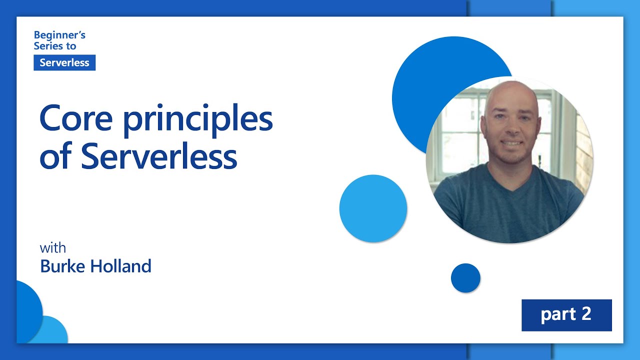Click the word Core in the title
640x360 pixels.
(x=75, y=118)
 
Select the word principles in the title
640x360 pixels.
(x=198, y=120)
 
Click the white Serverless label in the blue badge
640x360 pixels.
(x=64, y=62)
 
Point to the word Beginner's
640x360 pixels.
(x=59, y=35)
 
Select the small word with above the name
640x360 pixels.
(x=53, y=247)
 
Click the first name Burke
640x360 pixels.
(x=62, y=266)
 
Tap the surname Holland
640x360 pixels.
(x=120, y=266)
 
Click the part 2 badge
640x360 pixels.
(x=566, y=315)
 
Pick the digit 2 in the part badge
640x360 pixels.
(x=586, y=313)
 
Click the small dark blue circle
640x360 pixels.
(x=465, y=277)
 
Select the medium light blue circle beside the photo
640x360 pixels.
(x=373, y=208)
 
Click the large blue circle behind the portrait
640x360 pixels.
(x=423, y=85)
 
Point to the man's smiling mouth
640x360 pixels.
(x=512, y=143)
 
